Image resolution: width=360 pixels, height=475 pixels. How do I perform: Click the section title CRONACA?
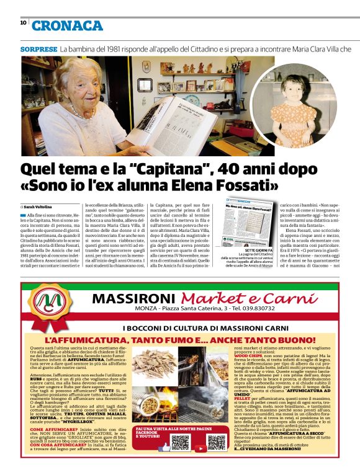(x=67, y=25)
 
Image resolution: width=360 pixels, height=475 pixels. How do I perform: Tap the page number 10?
(x=23, y=22)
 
